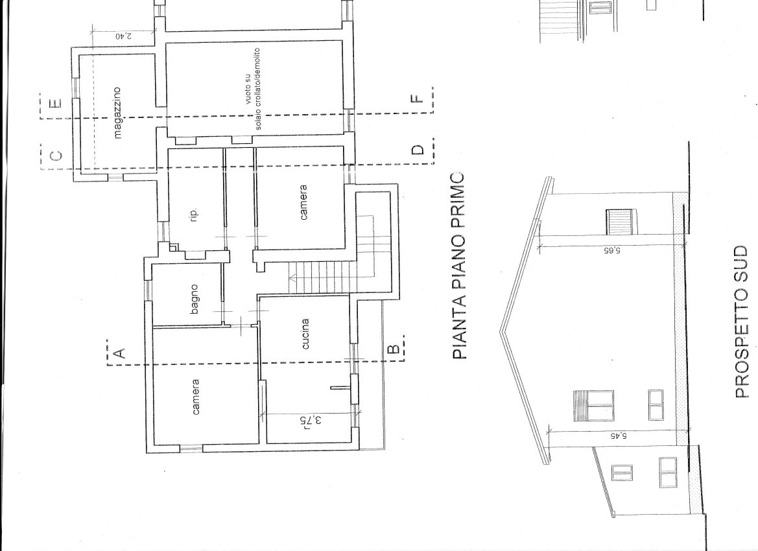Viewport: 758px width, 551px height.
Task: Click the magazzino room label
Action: [x=117, y=113]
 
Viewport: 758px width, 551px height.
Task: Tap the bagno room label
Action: [x=195, y=299]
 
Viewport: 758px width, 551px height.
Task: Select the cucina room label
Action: [x=305, y=333]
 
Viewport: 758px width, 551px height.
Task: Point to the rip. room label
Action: [x=195, y=217]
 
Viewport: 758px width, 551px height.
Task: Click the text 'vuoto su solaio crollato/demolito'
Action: [x=253, y=88]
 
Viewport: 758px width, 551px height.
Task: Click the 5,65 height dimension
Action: [x=611, y=251]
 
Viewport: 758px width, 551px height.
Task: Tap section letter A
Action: [x=119, y=353]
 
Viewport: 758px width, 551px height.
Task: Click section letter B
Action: [x=394, y=349]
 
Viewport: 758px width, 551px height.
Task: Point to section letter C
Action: [x=56, y=156]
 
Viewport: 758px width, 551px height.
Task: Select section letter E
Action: [x=56, y=104]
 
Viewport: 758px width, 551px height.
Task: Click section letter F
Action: [x=417, y=99]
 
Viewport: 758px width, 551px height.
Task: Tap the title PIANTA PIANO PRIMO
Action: [x=459, y=265]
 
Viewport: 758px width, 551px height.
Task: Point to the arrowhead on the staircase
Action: [x=292, y=277]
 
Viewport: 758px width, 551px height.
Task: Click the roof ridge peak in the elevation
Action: [x=501, y=331]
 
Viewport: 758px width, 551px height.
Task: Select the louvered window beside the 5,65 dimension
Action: [x=620, y=222]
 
